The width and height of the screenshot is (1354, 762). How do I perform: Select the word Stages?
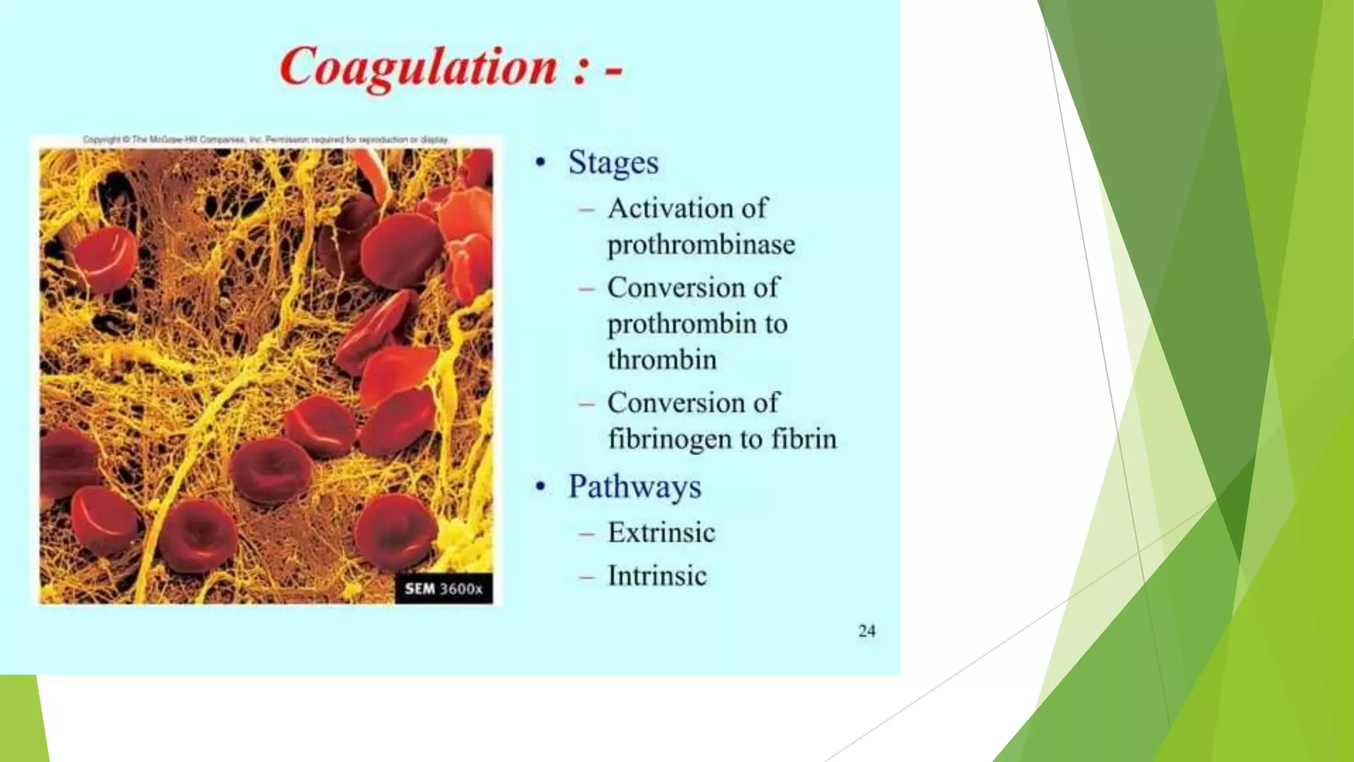tap(613, 163)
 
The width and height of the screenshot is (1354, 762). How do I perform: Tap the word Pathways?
tap(634, 487)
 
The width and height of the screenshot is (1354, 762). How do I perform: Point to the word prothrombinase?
tap(701, 245)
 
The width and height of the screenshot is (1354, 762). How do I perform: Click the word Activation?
tap(669, 208)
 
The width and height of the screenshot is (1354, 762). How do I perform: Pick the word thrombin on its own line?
tap(662, 360)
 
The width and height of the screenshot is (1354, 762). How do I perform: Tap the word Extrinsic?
tap(661, 532)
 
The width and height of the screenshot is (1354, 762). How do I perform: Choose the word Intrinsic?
tap(657, 575)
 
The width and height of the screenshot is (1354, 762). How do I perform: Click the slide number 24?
tap(867, 631)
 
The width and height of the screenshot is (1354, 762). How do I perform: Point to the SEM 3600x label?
tap(444, 589)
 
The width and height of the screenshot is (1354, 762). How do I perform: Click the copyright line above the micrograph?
tap(266, 140)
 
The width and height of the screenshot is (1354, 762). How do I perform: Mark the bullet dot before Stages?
tap(541, 163)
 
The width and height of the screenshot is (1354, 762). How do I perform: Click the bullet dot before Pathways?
tap(541, 487)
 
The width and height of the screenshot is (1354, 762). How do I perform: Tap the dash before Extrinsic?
tap(586, 533)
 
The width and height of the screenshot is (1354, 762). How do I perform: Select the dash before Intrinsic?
tap(586, 576)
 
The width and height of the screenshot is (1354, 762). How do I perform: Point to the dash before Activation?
tap(586, 210)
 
